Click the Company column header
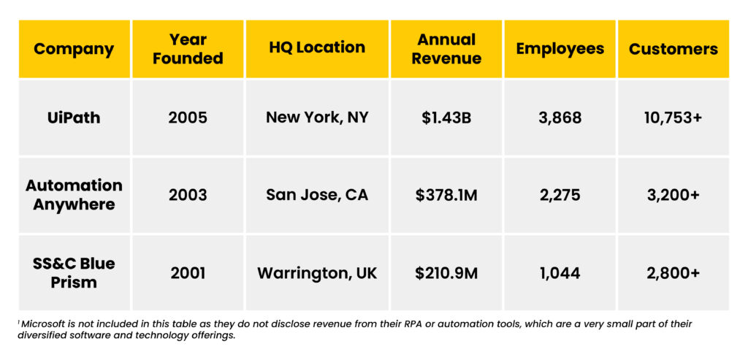[x=74, y=49]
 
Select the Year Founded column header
[x=188, y=49]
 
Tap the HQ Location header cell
[x=317, y=48]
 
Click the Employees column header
[x=560, y=49]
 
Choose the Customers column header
[x=673, y=49]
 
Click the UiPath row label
[x=74, y=118]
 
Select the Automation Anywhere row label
[x=74, y=195]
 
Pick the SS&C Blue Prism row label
[x=74, y=272]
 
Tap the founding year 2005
[x=188, y=118]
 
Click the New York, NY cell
[x=317, y=118]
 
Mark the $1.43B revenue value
[x=446, y=118]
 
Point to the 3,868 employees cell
[x=560, y=118]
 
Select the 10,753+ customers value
[x=673, y=118]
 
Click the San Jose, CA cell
[x=317, y=195]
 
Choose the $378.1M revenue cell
[x=446, y=195]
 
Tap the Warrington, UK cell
[x=317, y=273]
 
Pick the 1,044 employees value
[x=560, y=273]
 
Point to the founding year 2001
[x=188, y=273]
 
